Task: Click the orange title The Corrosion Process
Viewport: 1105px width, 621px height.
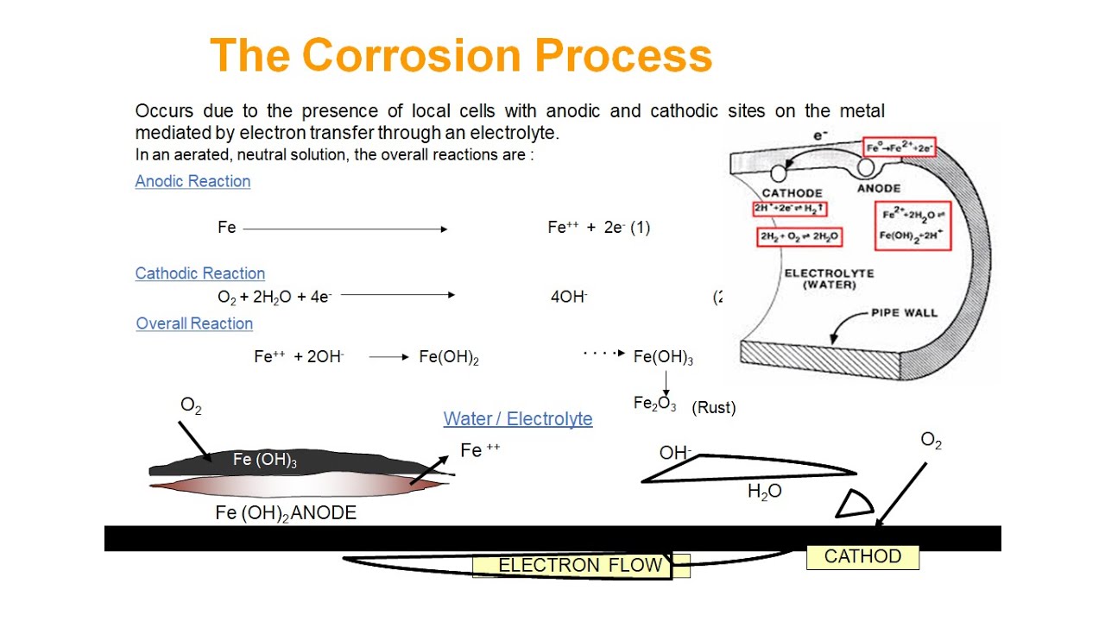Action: pos(461,55)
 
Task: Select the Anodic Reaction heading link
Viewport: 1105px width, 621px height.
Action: pos(193,181)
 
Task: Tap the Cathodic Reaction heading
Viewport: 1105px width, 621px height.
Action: pos(199,273)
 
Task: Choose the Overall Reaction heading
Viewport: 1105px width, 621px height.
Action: pos(194,323)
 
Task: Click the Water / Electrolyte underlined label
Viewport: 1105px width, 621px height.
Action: pos(518,419)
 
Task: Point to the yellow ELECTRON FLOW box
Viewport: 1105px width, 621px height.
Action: pos(581,566)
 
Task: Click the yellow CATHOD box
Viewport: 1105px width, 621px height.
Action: pos(862,557)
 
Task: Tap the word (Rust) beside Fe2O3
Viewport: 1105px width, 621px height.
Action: pos(714,408)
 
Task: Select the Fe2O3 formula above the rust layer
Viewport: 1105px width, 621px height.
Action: pos(655,404)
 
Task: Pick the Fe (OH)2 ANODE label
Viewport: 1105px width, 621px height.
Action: pos(286,513)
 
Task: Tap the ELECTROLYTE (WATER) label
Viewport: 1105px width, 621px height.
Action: pos(829,279)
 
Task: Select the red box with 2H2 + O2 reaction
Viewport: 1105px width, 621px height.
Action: pos(799,237)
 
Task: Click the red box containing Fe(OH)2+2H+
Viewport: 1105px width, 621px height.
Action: pos(912,226)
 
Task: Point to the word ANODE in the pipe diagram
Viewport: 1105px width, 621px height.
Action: pos(879,188)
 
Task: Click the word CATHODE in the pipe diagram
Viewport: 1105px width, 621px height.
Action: pos(792,192)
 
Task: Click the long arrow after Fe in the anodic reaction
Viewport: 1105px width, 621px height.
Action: pos(345,229)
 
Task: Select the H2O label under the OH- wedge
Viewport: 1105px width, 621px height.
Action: pos(764,492)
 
